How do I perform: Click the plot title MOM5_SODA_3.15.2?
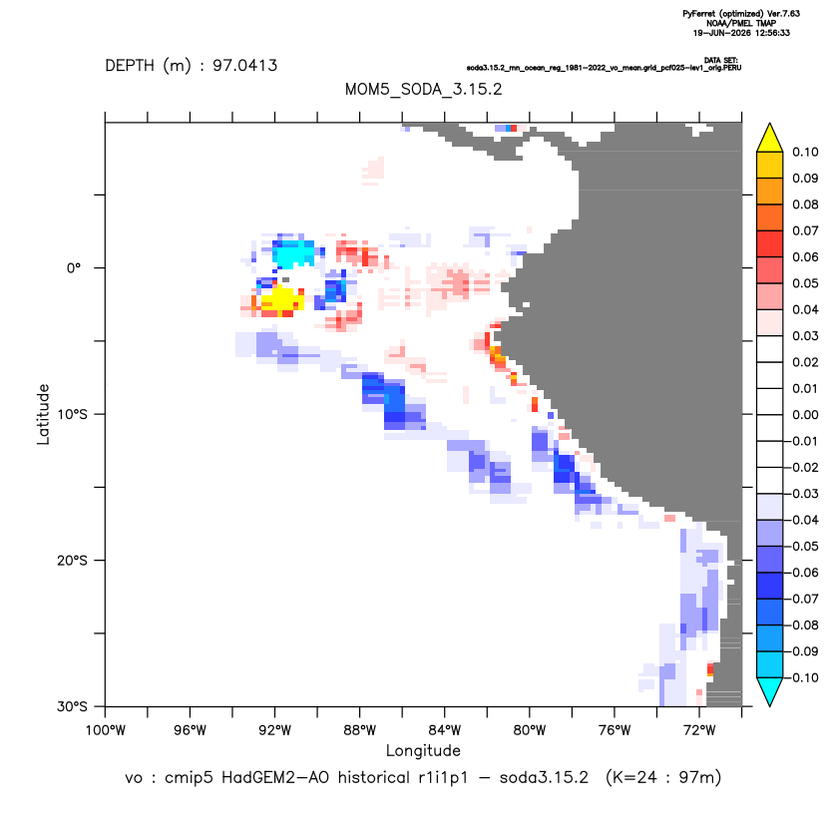pyautogui.click(x=423, y=89)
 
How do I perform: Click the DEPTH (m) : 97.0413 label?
pyautogui.click(x=192, y=66)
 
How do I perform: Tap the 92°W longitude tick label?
pyautogui.click(x=274, y=730)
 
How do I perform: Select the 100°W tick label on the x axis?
pyautogui.click(x=106, y=730)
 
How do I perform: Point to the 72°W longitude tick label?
pyautogui.click(x=699, y=730)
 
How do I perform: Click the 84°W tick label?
pyautogui.click(x=445, y=730)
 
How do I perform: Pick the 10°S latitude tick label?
pyautogui.click(x=72, y=414)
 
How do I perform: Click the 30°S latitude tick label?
pyautogui.click(x=72, y=706)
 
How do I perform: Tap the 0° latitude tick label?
pyautogui.click(x=74, y=267)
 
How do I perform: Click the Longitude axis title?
pyautogui.click(x=423, y=750)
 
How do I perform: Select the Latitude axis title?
pyautogui.click(x=43, y=414)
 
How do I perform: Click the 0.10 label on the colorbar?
pyautogui.click(x=805, y=153)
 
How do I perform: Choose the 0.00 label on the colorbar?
pyautogui.click(x=805, y=415)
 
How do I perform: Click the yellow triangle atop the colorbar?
pyautogui.click(x=770, y=139)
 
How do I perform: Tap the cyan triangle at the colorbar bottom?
pyautogui.click(x=770, y=691)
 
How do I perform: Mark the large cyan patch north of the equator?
pyautogui.click(x=293, y=253)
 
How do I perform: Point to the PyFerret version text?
pyautogui.click(x=741, y=14)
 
